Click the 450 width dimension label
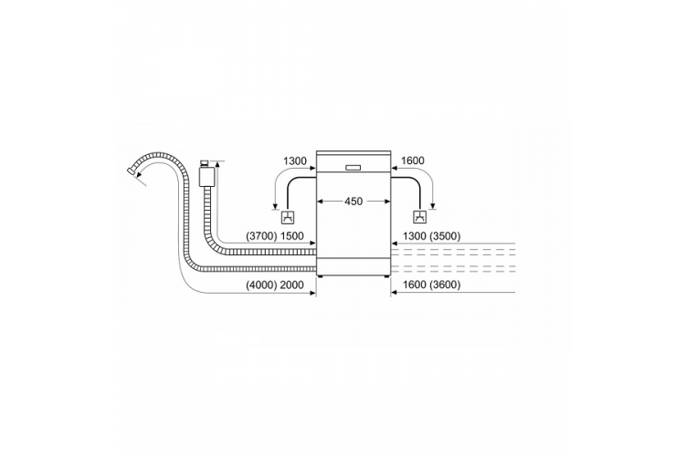[x=353, y=202]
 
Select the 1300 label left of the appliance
[x=295, y=161]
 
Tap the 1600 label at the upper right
[x=413, y=161]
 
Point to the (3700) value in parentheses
[x=262, y=236]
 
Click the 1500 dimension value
[x=292, y=236]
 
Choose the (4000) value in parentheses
[x=262, y=285]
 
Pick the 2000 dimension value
[x=292, y=285]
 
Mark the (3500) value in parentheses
[x=445, y=236]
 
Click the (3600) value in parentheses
[x=445, y=285]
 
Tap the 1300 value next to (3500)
[x=414, y=236]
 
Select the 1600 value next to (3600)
[x=414, y=285]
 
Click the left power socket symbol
[x=288, y=217]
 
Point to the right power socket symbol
[x=419, y=217]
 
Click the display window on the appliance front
[x=353, y=168]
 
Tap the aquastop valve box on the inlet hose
[x=205, y=175]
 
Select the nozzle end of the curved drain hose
[x=131, y=171]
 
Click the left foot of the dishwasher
[x=321, y=275]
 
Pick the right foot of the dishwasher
[x=386, y=275]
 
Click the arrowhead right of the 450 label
[x=387, y=202]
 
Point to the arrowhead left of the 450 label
[x=320, y=202]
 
